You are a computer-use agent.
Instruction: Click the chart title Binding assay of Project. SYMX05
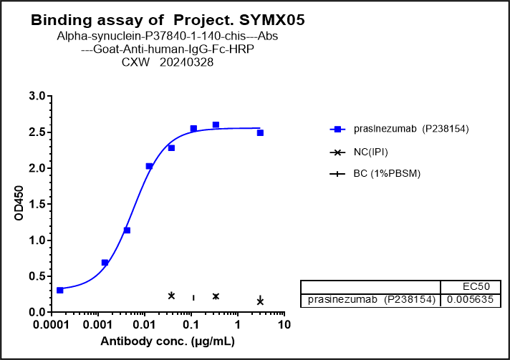(x=168, y=21)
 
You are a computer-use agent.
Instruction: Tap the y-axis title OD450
(x=20, y=205)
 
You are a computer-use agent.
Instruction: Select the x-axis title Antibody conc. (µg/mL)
(x=167, y=341)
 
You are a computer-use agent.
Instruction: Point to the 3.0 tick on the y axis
(x=37, y=97)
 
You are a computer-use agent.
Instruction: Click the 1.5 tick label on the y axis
(x=37, y=205)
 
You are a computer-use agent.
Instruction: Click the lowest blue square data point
(x=60, y=290)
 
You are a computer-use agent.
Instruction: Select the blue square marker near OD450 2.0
(x=149, y=166)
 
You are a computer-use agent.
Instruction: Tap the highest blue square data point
(x=216, y=125)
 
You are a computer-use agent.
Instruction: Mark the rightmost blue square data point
(x=260, y=132)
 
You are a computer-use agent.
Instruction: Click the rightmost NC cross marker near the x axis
(x=260, y=301)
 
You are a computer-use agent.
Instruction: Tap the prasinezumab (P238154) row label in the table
(x=370, y=300)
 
